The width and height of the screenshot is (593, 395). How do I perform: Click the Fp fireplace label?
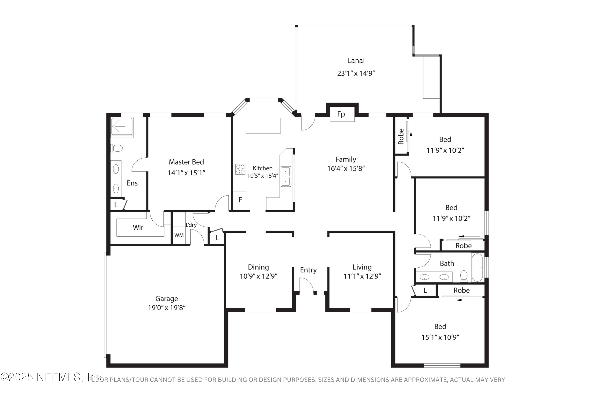341,114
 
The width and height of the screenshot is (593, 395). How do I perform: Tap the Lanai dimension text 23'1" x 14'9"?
356,73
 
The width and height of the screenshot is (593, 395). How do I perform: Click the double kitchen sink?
286,177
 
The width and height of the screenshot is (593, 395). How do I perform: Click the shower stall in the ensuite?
122,126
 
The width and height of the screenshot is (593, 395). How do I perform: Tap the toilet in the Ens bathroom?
117,148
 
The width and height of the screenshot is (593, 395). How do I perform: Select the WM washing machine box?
179,235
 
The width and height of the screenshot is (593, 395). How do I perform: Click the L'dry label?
191,225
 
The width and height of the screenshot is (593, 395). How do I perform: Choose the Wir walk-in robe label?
138,228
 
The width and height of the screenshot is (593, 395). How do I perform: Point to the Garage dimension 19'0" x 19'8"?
167,308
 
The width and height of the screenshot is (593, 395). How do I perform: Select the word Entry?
308,270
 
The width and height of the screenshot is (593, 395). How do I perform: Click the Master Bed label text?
186,162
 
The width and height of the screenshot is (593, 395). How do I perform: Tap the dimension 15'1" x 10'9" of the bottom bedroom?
440,337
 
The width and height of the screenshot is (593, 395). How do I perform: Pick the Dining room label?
258,267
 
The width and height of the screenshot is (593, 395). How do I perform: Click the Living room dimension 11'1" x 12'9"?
362,276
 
